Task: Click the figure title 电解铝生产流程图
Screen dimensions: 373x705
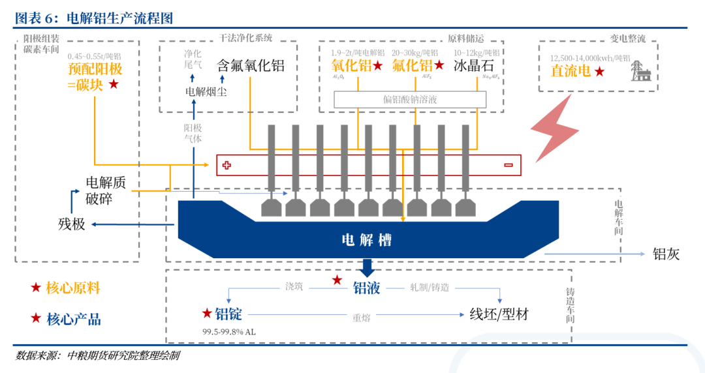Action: (120, 18)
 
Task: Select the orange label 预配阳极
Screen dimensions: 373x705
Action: (95, 69)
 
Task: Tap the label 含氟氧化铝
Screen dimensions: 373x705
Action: (251, 66)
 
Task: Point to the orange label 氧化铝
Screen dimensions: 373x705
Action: (351, 65)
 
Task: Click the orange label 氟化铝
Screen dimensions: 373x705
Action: (412, 65)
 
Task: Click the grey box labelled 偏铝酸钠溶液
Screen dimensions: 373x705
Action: (410, 99)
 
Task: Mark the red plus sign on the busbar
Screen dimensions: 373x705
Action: (227, 166)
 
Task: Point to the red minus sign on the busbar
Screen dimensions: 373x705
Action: (508, 166)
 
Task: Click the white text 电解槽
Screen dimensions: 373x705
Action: (367, 239)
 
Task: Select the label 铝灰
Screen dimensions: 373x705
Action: (666, 254)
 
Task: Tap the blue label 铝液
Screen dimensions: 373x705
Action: (366, 288)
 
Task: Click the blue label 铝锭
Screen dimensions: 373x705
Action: (228, 314)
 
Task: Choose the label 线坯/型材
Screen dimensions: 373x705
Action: (499, 314)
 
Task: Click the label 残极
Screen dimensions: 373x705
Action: (72, 224)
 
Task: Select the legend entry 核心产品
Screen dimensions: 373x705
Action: (73, 319)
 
